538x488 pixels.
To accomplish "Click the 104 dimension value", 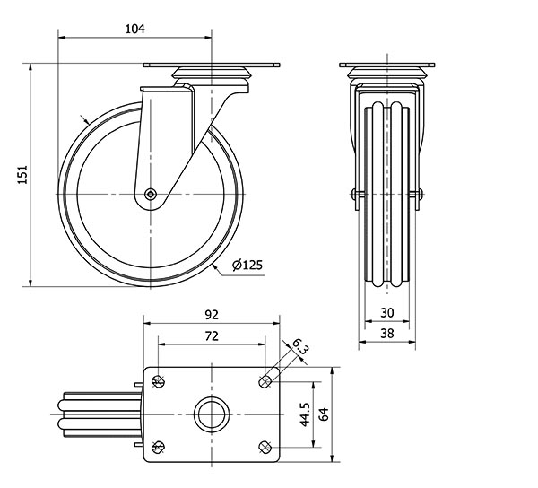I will [134, 29].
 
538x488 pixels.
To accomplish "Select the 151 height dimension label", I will [24, 175].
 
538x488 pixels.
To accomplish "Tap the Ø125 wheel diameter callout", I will [247, 266].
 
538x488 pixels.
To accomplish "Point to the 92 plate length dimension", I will [212, 315].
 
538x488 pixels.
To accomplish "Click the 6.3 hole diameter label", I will [299, 345].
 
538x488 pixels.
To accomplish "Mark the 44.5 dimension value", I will [305, 414].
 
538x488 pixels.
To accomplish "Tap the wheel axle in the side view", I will [152, 194].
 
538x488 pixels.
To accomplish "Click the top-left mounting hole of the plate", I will [159, 381].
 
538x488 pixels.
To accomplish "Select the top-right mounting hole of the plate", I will [265, 381].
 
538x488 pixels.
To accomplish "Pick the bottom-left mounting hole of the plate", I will [159, 447].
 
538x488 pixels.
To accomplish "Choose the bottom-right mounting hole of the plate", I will [265, 447].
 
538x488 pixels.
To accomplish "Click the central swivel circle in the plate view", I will [212, 414].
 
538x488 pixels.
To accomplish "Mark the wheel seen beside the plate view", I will [94, 414].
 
